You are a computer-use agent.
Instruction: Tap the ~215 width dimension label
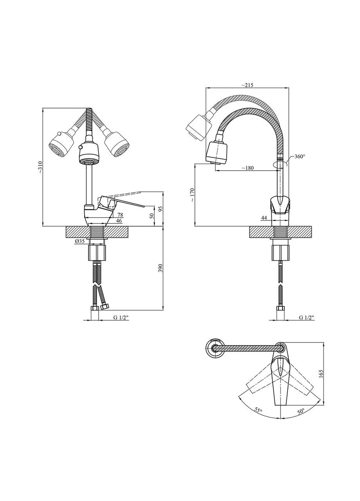click(247, 85)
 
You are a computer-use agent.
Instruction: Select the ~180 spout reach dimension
click(247, 168)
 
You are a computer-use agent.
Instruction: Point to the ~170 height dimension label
click(192, 195)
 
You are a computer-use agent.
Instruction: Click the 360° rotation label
click(299, 157)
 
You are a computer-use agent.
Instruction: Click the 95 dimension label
click(160, 209)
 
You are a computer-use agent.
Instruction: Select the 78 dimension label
click(120, 215)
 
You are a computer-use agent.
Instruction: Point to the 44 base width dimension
click(264, 218)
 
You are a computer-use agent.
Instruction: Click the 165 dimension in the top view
click(321, 373)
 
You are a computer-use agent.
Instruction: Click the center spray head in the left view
click(89, 153)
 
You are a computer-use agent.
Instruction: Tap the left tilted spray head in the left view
click(61, 145)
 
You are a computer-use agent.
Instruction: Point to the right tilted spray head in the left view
click(117, 145)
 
